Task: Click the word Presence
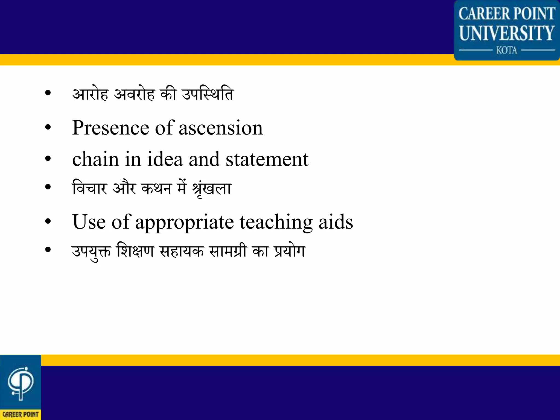coord(110,128)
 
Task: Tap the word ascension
coord(221,128)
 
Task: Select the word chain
coord(95,159)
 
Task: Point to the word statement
coord(267,159)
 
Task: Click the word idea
coord(165,159)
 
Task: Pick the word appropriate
coord(184,222)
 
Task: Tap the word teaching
coord(276,222)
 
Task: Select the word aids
coord(336,222)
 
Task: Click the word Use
coord(89,222)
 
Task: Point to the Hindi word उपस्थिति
coord(208,94)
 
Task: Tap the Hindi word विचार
coord(89,188)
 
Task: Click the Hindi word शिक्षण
coord(135,251)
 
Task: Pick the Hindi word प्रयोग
coord(290,251)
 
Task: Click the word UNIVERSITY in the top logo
coord(506,33)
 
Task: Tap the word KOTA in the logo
coord(506,50)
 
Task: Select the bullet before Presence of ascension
coord(48,128)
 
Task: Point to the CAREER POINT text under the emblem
coord(21,414)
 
